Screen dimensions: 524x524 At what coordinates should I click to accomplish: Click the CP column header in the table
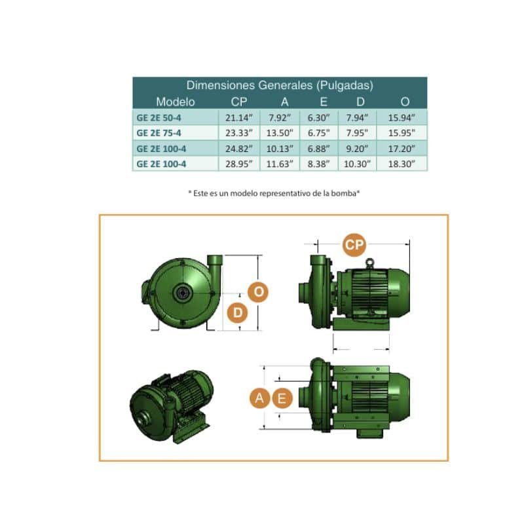[x=239, y=102]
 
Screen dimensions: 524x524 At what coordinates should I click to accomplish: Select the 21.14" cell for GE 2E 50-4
[x=239, y=118]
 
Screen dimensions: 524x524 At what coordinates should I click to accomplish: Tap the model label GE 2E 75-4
[x=159, y=133]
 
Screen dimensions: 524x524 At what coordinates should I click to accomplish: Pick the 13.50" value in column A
[x=280, y=133]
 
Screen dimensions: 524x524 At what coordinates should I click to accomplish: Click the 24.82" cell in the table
[x=239, y=149]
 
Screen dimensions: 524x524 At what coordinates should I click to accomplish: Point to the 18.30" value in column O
[x=402, y=164]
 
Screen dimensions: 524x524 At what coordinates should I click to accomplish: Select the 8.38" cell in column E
[x=318, y=164]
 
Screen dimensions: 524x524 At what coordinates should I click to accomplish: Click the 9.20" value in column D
[x=357, y=149]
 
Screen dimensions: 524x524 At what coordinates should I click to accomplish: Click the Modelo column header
[x=176, y=102]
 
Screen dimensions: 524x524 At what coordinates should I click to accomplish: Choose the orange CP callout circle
[x=354, y=245]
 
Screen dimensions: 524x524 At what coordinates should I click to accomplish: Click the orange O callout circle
[x=258, y=292]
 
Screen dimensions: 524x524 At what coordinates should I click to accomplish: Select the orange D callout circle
[x=238, y=313]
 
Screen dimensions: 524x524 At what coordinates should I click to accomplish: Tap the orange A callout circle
[x=259, y=398]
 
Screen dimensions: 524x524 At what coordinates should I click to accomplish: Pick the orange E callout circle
[x=282, y=398]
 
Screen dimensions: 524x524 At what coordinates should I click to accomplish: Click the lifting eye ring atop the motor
[x=369, y=263]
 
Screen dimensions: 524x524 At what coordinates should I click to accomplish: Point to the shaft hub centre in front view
[x=183, y=293]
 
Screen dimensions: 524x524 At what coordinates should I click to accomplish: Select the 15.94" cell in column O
[x=402, y=118]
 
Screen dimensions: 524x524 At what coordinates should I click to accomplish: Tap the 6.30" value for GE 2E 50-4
[x=318, y=118]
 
